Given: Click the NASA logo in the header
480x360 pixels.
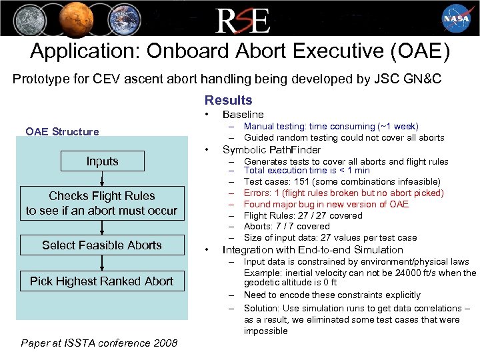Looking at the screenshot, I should click(x=457, y=18).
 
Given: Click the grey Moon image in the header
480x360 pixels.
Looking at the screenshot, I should click(x=24, y=18).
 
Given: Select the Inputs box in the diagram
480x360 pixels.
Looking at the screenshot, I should click(x=102, y=161).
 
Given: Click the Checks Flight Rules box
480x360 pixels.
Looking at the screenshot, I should click(x=101, y=203).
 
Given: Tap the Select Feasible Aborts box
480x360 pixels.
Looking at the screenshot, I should click(x=101, y=245).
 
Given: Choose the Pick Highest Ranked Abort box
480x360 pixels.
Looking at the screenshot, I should click(x=101, y=281).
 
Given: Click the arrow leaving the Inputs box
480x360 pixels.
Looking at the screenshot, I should click(x=102, y=179).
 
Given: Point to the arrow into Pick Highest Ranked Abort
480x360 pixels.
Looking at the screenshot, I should click(x=102, y=263).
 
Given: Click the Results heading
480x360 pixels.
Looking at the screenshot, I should click(x=228, y=100).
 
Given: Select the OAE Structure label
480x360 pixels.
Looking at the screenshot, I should click(x=62, y=131).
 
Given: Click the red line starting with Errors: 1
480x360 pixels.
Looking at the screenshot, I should click(x=343, y=193).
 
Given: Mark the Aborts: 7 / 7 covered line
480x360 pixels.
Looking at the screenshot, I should click(x=287, y=227).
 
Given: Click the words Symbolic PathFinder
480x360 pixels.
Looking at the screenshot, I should click(x=271, y=149).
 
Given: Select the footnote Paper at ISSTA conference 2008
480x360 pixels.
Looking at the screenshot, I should click(x=99, y=343).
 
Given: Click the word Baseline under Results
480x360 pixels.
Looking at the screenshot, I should click(x=243, y=115).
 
